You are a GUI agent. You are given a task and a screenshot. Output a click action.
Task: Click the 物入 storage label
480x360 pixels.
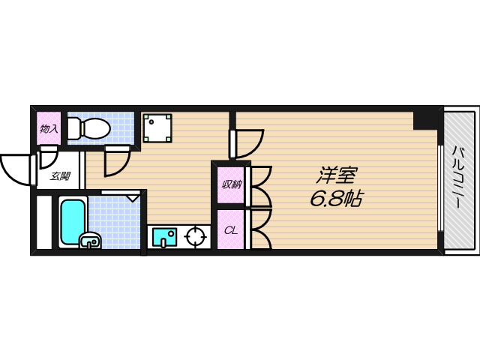pyautogui.click(x=49, y=129)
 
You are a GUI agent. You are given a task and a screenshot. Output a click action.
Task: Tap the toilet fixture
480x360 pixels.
pyautogui.click(x=88, y=128)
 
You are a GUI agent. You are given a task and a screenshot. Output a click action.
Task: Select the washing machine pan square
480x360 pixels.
pyautogui.click(x=157, y=128)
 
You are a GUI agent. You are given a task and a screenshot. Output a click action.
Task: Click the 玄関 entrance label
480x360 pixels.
pyautogui.click(x=60, y=177)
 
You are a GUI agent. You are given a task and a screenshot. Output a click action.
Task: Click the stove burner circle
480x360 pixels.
pyautogui.click(x=196, y=237)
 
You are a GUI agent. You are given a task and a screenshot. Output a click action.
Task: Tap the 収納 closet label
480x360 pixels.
pyautogui.click(x=230, y=184)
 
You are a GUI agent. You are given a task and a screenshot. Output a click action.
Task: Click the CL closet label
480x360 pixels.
pyautogui.click(x=230, y=230)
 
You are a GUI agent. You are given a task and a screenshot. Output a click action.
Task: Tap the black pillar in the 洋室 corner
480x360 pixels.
pyautogui.click(x=426, y=118)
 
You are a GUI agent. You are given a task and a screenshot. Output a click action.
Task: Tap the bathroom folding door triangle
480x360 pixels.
pyautogui.click(x=133, y=196)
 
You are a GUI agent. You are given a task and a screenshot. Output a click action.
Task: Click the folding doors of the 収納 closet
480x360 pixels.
pyautogui.click(x=259, y=184)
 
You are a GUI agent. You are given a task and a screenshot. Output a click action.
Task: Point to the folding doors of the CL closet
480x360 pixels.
pyautogui.click(x=259, y=228)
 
